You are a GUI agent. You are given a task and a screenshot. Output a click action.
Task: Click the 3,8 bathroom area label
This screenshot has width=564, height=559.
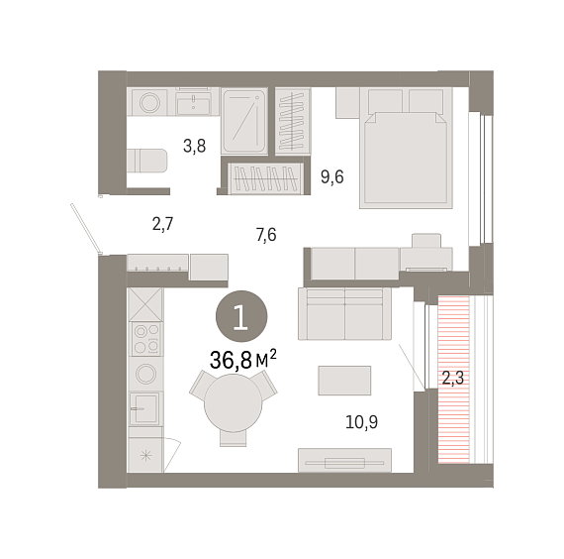[194, 147]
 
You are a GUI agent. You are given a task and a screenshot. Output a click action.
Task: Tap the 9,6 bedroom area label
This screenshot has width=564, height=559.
[332, 177]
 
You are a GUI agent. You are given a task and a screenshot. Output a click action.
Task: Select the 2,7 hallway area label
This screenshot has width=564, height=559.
[163, 224]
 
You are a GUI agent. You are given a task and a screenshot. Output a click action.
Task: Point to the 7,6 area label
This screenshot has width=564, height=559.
[266, 235]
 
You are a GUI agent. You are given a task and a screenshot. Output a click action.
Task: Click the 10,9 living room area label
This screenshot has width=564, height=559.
[361, 422]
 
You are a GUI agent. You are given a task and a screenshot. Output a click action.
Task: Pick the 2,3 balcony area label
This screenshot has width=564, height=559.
[453, 379]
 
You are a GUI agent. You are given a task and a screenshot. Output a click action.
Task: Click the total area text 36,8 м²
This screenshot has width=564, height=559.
[243, 360]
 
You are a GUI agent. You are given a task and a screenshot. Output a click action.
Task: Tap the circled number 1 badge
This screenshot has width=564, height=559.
[241, 316]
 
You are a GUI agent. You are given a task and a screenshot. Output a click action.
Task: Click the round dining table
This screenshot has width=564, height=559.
[234, 403]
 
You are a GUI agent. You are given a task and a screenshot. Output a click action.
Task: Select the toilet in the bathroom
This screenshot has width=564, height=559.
[147, 161]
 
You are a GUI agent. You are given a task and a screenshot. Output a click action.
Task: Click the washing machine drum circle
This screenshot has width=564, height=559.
[149, 102]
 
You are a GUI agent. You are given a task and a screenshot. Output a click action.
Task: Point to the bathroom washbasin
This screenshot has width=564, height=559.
[194, 102]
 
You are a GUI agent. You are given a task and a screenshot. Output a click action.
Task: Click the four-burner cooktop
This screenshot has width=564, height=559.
[146, 339]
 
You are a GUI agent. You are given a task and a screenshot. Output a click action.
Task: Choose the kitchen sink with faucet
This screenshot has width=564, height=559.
[144, 408]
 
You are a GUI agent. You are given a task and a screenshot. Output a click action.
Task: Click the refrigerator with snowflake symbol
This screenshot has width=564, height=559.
[145, 455]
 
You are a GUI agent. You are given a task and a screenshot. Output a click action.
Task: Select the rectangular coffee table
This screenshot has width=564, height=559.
[344, 381]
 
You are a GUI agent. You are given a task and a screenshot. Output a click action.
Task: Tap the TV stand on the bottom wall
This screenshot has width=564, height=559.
[344, 460]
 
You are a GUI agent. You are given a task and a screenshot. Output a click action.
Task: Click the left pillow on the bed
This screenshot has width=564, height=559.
[385, 100]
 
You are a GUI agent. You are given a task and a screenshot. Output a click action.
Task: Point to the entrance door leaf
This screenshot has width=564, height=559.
[85, 228]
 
